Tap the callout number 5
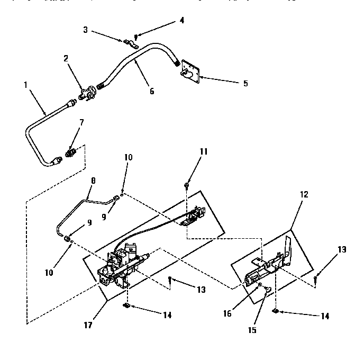[x=245, y=83]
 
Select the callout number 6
[x=152, y=91]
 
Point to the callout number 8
[x=93, y=180]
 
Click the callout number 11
[x=189, y=151]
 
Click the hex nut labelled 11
[x=187, y=185]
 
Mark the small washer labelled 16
[x=260, y=285]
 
